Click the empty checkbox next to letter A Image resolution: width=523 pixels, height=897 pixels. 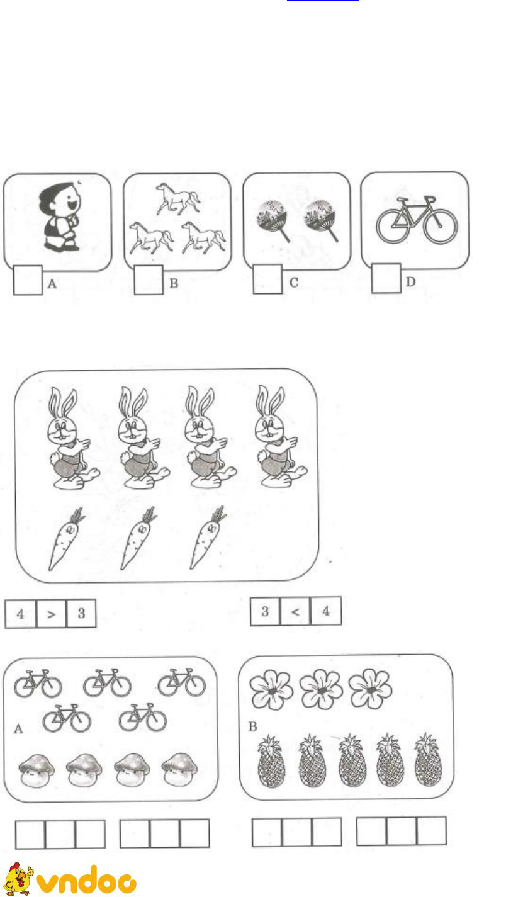click(28, 280)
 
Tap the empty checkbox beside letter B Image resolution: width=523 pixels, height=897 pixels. click(149, 279)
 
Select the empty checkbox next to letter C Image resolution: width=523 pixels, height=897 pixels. click(267, 279)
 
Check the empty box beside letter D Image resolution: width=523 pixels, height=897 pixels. click(386, 278)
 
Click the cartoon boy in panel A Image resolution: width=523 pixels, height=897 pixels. click(61, 217)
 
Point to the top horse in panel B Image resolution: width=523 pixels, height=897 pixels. click(178, 199)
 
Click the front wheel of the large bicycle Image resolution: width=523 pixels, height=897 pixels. click(440, 226)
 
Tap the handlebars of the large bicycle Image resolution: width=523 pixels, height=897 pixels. click(430, 199)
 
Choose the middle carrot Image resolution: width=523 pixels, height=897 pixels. click(138, 538)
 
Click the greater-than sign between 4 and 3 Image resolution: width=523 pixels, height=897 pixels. click(51, 614)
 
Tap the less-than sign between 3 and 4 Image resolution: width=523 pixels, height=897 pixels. click(295, 611)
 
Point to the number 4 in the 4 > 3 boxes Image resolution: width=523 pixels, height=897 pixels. click(20, 614)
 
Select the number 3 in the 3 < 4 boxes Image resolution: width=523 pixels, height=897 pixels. click(265, 611)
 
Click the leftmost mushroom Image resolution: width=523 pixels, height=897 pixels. click(37, 770)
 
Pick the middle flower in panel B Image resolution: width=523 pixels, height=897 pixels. click(321, 689)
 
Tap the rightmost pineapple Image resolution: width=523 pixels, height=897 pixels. click(428, 760)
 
